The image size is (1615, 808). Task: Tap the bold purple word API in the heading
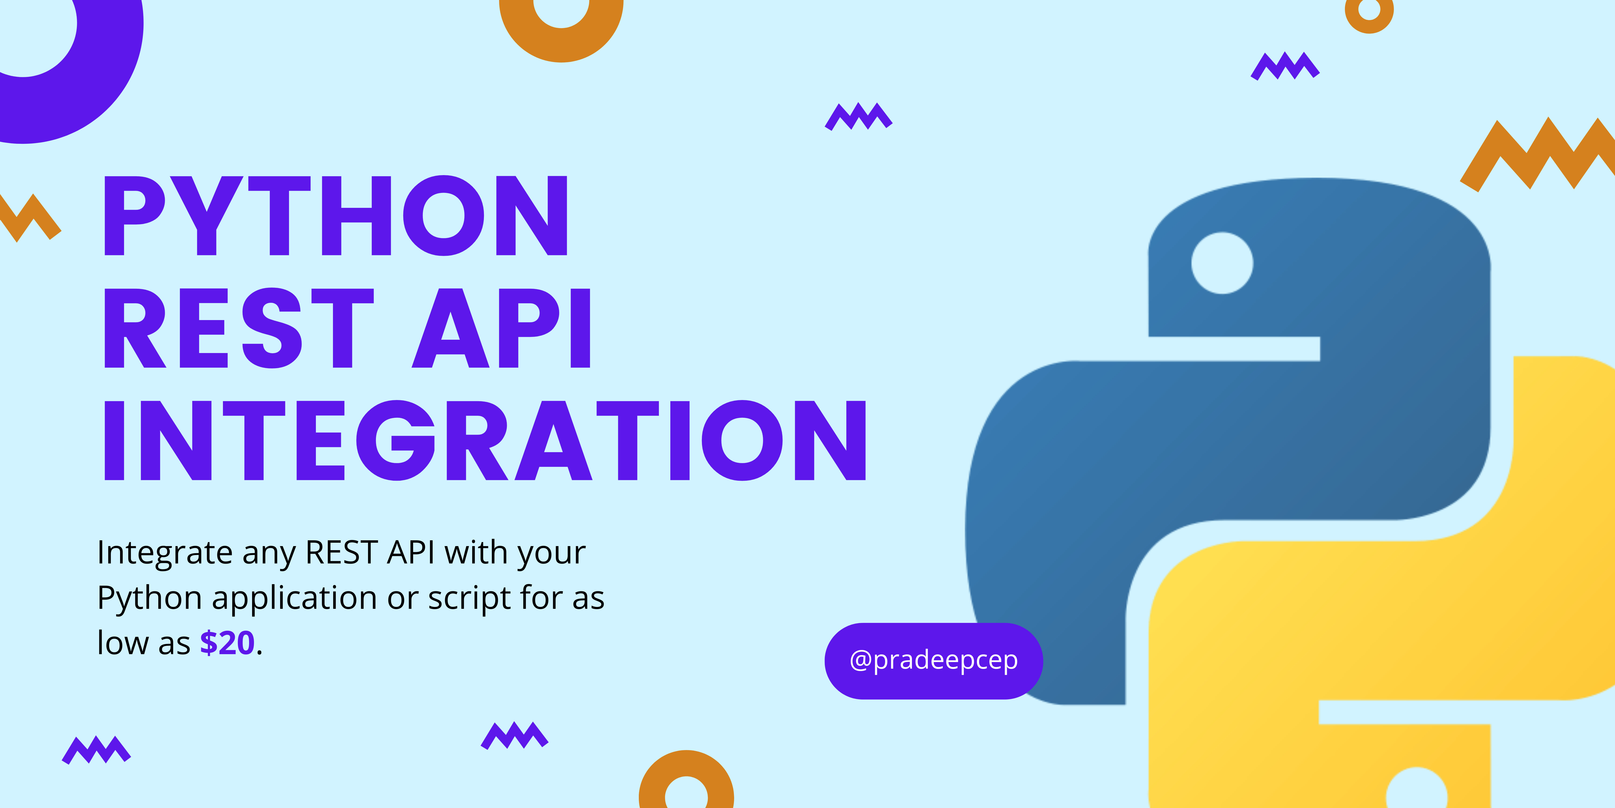[x=502, y=328]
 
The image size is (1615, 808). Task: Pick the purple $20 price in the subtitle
[x=227, y=643]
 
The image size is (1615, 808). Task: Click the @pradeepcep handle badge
[x=933, y=660]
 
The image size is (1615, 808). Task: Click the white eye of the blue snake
[x=1222, y=263]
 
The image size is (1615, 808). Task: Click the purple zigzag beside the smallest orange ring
[x=1285, y=66]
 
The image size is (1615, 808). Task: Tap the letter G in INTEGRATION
[x=396, y=440]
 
